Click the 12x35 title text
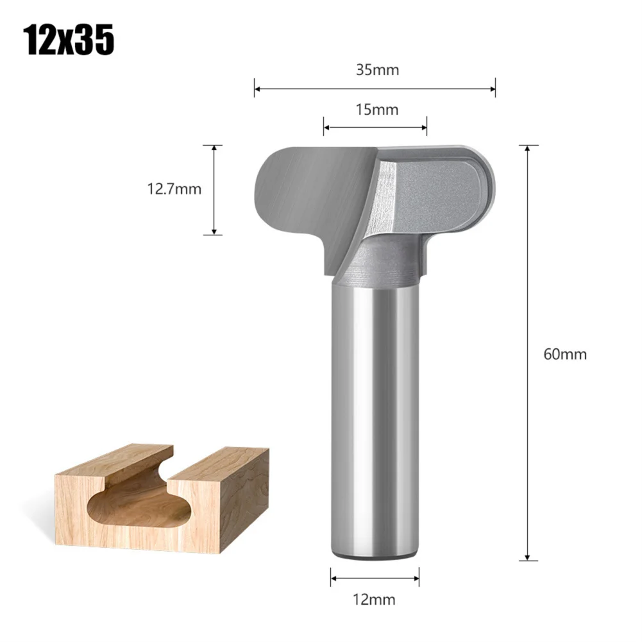[x=69, y=40]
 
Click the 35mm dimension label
[x=377, y=70]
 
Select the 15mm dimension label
[x=377, y=110]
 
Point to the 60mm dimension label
[x=565, y=354]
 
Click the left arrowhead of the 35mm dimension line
[x=257, y=89]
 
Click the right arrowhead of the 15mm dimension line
[x=424, y=128]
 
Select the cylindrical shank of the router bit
[x=375, y=417]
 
